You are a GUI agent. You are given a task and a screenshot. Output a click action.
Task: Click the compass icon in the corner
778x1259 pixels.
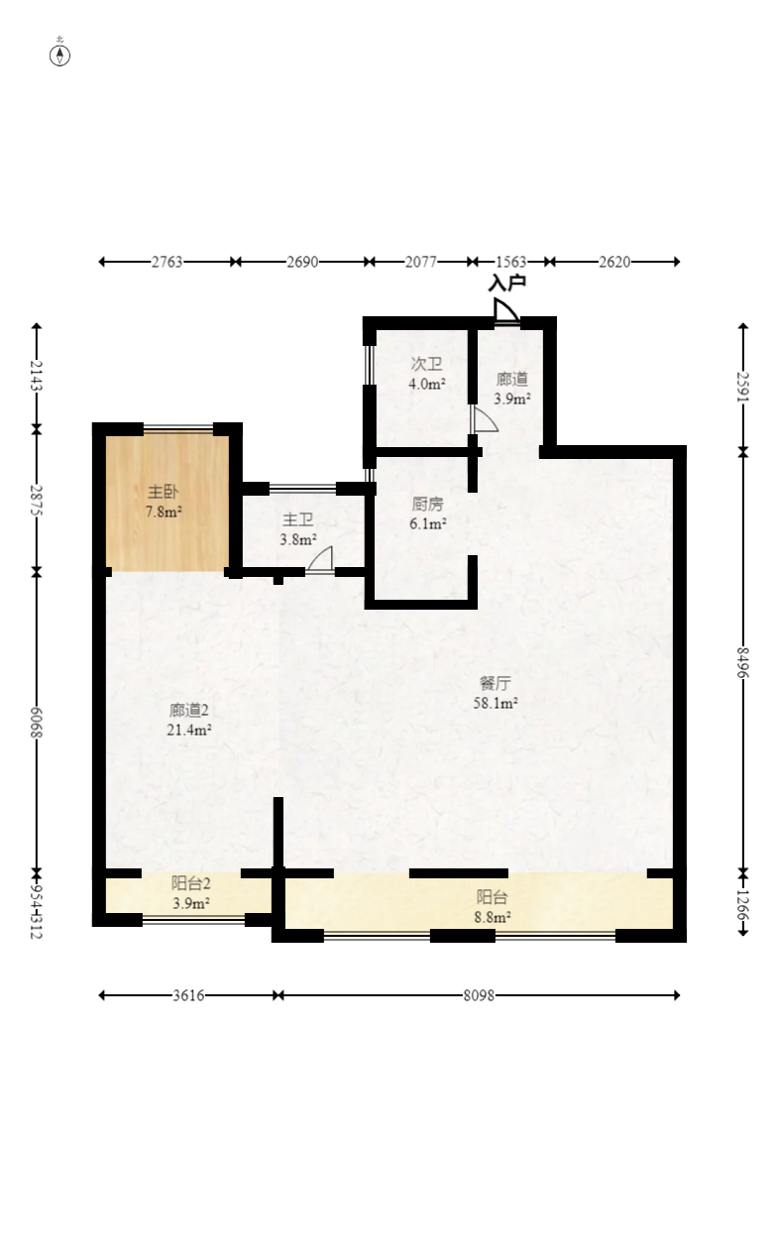[60, 55]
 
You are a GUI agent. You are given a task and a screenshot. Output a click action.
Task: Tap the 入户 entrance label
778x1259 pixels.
[506, 283]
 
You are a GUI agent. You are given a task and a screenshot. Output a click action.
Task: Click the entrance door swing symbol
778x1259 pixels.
[505, 311]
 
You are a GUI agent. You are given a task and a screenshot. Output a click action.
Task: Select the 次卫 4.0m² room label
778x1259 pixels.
[427, 374]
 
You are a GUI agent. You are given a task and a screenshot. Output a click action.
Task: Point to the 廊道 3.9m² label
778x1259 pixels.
[512, 389]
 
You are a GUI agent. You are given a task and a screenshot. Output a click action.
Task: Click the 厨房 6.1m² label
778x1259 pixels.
[428, 514]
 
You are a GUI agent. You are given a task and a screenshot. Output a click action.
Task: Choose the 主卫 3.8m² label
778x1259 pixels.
[297, 529]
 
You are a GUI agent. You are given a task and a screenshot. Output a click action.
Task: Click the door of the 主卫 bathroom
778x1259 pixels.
[320, 560]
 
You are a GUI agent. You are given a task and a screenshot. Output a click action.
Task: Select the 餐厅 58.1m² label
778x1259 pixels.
[496, 693]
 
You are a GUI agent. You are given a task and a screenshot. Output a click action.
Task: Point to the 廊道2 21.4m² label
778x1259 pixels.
[188, 720]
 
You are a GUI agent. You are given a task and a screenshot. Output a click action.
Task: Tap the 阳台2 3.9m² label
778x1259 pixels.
[191, 892]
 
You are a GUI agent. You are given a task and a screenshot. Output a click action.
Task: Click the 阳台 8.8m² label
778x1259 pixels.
[493, 907]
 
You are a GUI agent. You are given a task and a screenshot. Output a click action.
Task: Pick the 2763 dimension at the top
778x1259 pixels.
[167, 262]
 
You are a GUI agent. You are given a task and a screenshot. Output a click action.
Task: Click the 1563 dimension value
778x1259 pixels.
[510, 262]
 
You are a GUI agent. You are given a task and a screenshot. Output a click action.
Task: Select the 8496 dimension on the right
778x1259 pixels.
[743, 662]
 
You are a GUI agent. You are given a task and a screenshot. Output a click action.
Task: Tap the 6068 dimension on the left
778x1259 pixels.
[37, 722]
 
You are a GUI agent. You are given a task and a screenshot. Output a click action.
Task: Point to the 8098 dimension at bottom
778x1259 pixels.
[479, 995]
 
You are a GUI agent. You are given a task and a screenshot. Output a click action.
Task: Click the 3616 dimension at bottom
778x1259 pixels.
[187, 995]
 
